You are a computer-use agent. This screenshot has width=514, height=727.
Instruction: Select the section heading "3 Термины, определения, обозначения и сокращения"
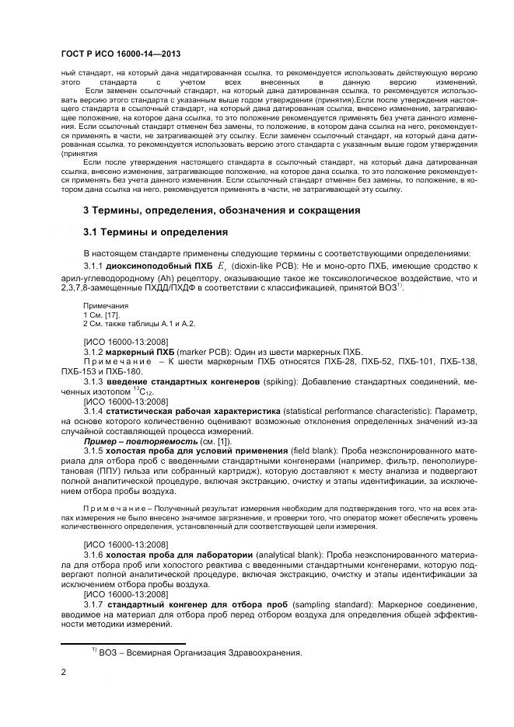(222, 211)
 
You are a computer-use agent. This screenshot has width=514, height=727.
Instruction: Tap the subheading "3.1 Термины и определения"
(155, 232)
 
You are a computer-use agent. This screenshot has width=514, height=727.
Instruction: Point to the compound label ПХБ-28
(334, 362)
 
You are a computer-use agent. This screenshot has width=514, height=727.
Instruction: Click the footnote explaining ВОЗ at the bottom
(197, 653)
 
